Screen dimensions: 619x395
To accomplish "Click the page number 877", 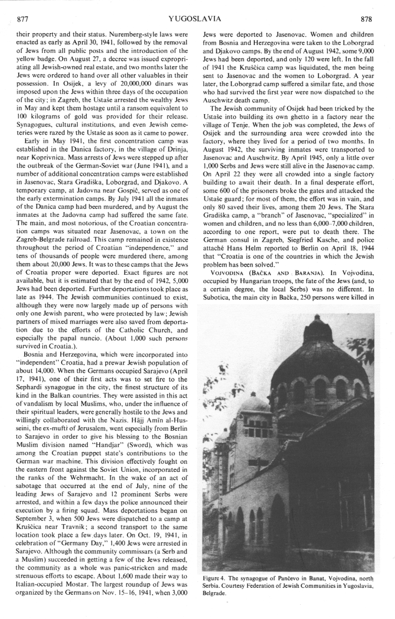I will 23,19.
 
